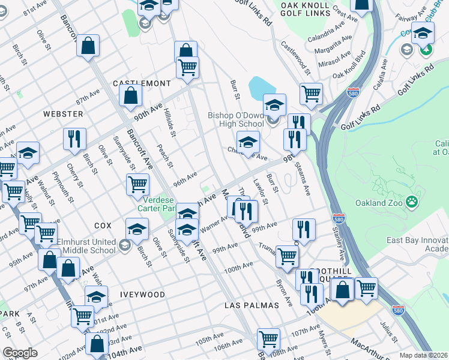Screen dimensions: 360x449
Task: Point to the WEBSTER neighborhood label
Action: click(63, 113)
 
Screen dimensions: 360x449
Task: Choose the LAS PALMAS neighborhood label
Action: click(252, 305)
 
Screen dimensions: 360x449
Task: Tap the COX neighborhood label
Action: click(103, 226)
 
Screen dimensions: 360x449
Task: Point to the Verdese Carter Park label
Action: click(159, 204)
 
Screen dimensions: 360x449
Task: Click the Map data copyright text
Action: click(424, 355)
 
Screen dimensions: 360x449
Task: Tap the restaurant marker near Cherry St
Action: click(75, 139)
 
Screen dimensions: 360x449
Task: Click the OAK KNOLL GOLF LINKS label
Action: click(305, 9)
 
